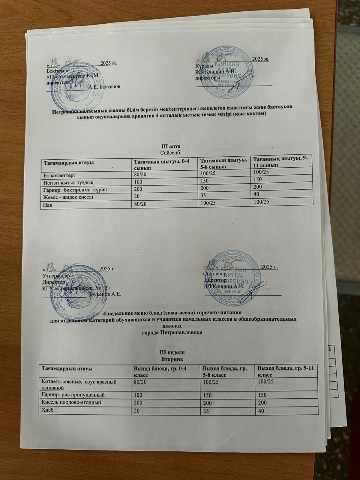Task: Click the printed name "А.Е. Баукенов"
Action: pyautogui.click(x=105, y=87)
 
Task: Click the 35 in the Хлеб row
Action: pyautogui.click(x=206, y=411)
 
